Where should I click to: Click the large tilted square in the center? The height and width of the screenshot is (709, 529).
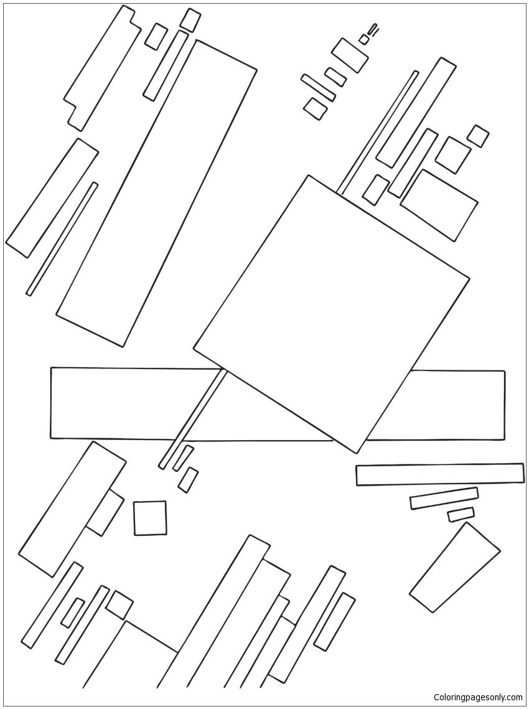click(x=332, y=314)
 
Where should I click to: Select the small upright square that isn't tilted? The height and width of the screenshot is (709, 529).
click(x=149, y=518)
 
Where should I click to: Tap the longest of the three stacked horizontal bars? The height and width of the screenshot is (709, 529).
click(x=439, y=474)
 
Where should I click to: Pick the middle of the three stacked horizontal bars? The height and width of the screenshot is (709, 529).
click(x=444, y=498)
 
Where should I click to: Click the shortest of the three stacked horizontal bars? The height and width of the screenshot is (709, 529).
click(x=461, y=515)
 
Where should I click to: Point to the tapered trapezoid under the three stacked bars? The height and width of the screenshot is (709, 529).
click(x=454, y=568)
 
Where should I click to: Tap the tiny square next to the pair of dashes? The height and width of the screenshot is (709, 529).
click(x=364, y=39)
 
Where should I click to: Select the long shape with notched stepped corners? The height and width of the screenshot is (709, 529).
click(x=103, y=68)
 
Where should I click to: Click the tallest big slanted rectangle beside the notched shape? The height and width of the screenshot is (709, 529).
click(x=156, y=193)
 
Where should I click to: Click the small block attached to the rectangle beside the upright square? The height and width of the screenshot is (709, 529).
click(x=105, y=512)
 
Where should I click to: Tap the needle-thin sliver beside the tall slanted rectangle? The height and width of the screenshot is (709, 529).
click(x=62, y=239)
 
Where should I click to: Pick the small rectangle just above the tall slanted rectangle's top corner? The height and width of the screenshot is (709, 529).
click(x=190, y=21)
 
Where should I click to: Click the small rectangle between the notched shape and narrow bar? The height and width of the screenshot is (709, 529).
click(x=156, y=36)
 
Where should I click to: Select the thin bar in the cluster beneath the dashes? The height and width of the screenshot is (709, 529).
click(x=318, y=88)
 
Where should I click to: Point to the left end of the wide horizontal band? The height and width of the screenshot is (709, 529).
click(x=50, y=403)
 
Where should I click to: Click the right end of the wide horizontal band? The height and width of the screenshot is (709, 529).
click(x=505, y=405)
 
